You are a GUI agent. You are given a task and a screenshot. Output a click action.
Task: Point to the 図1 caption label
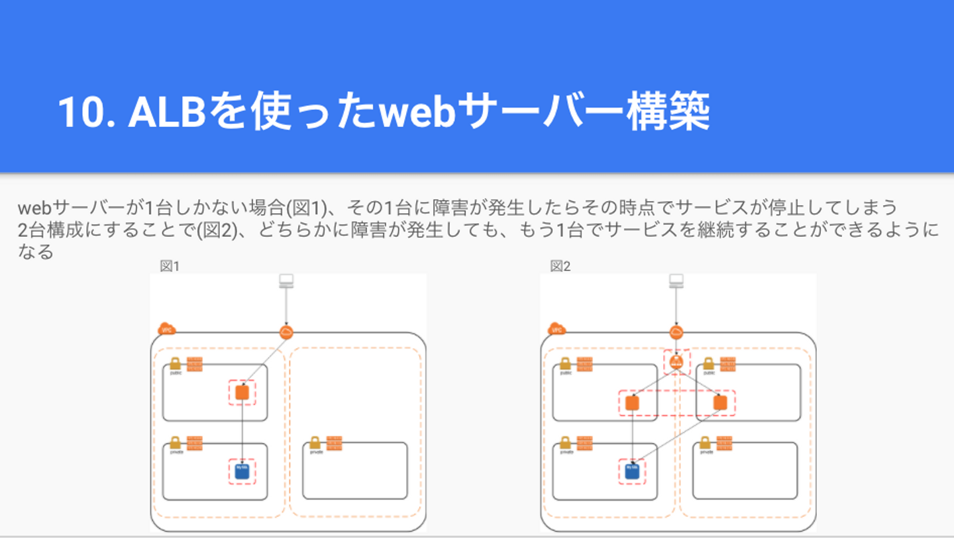point(170,266)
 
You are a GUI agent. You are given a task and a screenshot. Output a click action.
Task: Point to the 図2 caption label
point(560,266)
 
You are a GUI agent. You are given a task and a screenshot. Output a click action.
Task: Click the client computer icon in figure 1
point(286,281)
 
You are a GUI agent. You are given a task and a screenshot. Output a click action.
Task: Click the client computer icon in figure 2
point(676,281)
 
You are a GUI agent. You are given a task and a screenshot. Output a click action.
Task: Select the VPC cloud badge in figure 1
point(166,329)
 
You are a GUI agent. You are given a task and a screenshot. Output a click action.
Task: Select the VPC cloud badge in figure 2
point(556,329)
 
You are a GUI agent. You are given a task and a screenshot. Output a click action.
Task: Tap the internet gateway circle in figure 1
point(286,332)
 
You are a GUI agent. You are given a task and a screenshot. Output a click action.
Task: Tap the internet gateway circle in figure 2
point(676,332)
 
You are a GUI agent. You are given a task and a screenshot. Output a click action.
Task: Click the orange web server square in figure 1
point(242,392)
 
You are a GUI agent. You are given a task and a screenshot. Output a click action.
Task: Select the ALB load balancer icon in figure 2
point(676,362)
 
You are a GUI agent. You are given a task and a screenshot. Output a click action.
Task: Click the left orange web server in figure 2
point(632,402)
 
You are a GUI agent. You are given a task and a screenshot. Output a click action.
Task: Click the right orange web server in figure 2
point(720,402)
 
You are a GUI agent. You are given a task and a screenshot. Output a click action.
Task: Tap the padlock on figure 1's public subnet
point(175,364)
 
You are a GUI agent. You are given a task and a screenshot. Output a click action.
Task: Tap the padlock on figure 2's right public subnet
point(708,364)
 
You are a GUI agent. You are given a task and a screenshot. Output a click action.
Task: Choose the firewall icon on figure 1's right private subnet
point(335,443)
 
